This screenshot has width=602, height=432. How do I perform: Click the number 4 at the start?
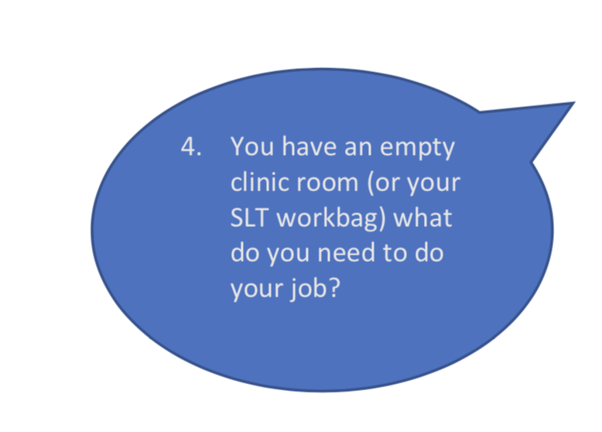[x=188, y=146]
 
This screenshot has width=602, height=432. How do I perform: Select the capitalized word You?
[x=252, y=146]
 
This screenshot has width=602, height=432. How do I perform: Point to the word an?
[x=358, y=149]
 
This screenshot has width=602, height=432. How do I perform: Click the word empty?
[x=417, y=149]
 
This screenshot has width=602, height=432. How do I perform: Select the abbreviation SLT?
[x=248, y=218]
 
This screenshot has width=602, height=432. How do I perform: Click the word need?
[x=346, y=253]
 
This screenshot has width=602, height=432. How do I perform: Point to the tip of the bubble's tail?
[x=575, y=102]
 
